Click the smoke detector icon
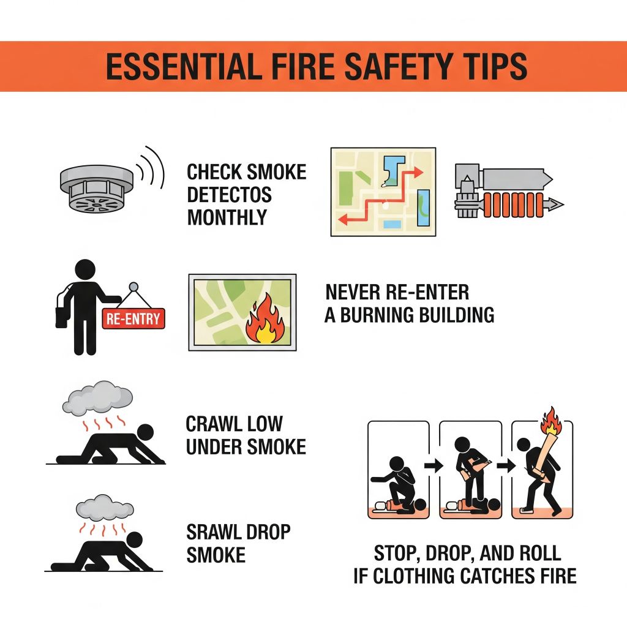(x=97, y=188)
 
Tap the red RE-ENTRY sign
(x=133, y=318)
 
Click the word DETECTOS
(x=229, y=195)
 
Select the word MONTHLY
(x=227, y=217)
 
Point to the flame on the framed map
(x=265, y=319)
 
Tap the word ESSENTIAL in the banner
(x=181, y=66)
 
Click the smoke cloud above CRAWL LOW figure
(x=97, y=398)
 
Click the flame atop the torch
(x=551, y=421)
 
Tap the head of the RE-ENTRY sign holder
(x=85, y=269)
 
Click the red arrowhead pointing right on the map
(x=418, y=172)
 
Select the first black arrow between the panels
(x=434, y=465)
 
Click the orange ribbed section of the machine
(x=514, y=205)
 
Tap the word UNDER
(x=213, y=446)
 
